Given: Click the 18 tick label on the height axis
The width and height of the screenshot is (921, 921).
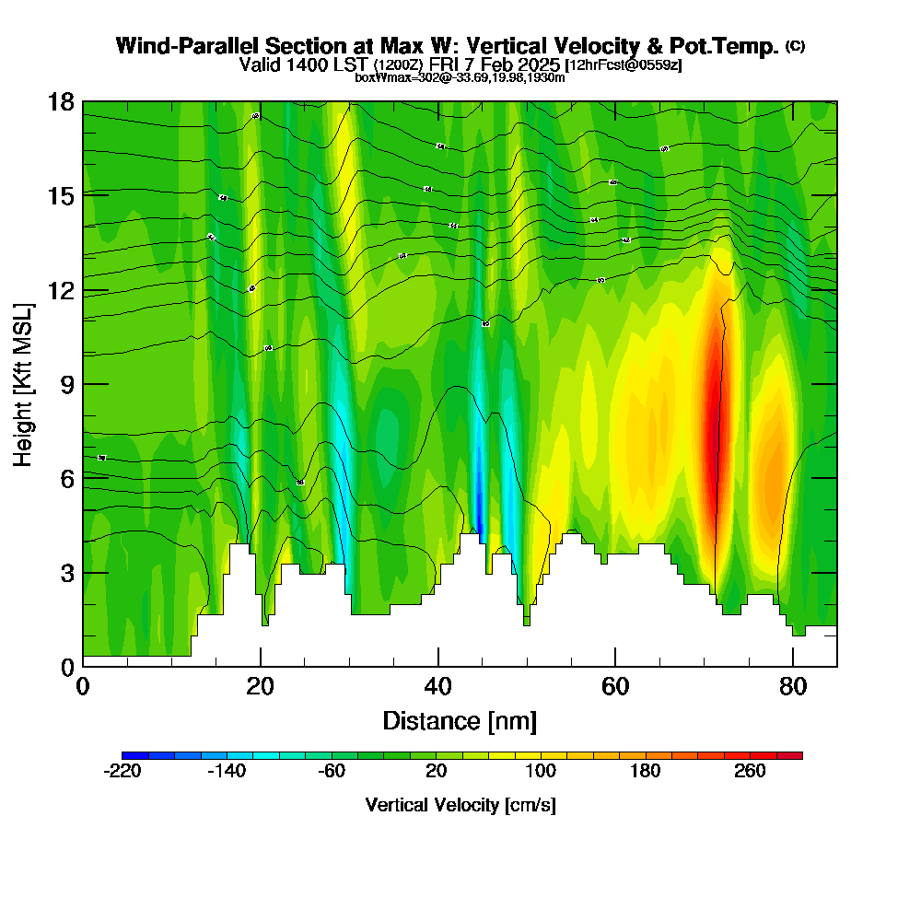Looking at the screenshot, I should (60, 101).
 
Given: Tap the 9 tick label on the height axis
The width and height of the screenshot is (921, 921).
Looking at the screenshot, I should (66, 384).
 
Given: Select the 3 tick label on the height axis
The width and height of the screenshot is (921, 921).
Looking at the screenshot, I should (66, 572).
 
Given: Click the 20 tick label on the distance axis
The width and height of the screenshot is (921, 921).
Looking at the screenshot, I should (261, 688).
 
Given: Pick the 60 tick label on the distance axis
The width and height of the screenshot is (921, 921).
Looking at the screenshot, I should (615, 688).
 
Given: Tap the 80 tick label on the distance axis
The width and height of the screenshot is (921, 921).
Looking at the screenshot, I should (793, 688).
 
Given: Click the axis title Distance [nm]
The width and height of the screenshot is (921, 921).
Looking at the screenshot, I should (460, 720).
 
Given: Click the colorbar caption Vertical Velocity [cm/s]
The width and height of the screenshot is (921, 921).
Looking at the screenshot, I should (460, 805).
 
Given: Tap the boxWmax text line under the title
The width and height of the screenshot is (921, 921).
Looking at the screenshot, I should (460, 77).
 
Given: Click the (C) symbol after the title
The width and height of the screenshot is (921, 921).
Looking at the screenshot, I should (795, 45).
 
